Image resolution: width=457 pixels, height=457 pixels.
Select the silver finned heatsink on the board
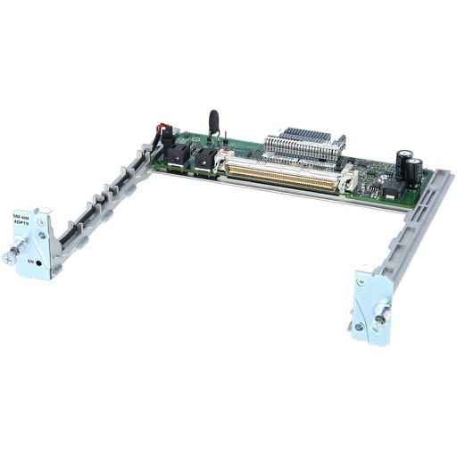(x=305, y=147)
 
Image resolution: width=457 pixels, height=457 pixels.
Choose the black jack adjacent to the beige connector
(x=207, y=161)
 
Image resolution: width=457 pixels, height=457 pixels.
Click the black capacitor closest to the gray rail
(x=416, y=168)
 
